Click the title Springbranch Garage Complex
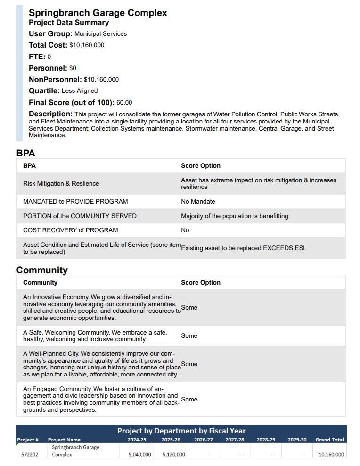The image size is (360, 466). tap(98, 13)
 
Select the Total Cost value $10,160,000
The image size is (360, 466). tap(87, 45)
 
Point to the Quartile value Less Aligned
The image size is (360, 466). tap(80, 91)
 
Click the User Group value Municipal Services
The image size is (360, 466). tap(100, 34)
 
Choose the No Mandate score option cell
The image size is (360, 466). tap(198, 202)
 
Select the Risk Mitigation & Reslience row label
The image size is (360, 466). tap(61, 184)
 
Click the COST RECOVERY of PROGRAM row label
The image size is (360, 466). tap(70, 230)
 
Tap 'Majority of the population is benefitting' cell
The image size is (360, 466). tap(234, 216)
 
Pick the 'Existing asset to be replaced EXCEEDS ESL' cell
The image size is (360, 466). tap(244, 248)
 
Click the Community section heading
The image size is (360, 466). tap(42, 270)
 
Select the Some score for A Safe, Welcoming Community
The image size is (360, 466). tap(189, 336)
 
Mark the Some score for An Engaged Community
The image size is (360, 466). tap(189, 400)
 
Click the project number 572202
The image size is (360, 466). tap(30, 455)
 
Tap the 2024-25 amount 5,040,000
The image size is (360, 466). tap(139, 455)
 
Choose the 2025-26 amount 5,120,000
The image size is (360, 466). tap(173, 455)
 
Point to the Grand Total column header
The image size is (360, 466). tap(329, 440)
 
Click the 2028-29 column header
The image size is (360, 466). tap(266, 440)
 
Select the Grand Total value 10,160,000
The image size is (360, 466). tap(331, 455)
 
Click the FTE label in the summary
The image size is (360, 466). tap(36, 57)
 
